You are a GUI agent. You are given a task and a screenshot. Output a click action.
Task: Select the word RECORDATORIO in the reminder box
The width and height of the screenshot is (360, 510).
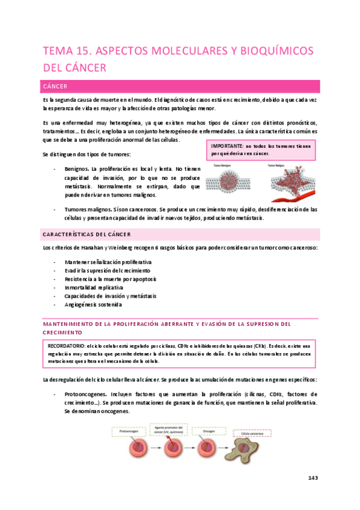67,346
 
